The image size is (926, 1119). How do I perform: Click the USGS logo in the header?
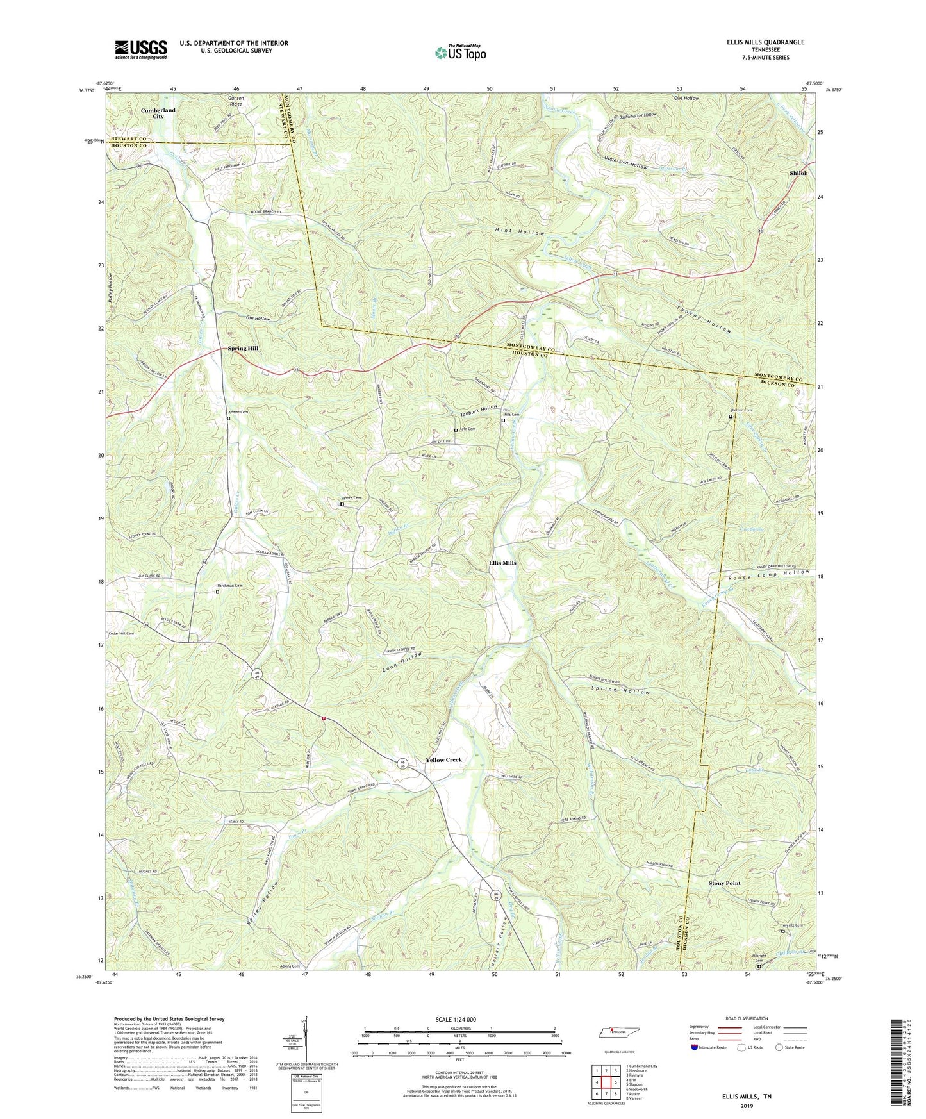point(141,49)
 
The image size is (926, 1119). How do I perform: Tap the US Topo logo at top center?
point(460,53)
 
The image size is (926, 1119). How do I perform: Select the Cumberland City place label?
point(158,113)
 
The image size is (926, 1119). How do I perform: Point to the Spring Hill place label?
point(243,348)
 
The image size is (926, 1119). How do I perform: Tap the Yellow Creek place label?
point(443,759)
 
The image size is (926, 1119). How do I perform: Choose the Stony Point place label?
point(724,883)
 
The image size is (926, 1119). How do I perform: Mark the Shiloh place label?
point(798,173)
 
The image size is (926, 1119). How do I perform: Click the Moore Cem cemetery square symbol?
point(342,504)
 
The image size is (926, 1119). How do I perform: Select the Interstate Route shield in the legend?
point(697,1047)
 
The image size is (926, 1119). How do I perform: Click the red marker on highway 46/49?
point(324,718)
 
